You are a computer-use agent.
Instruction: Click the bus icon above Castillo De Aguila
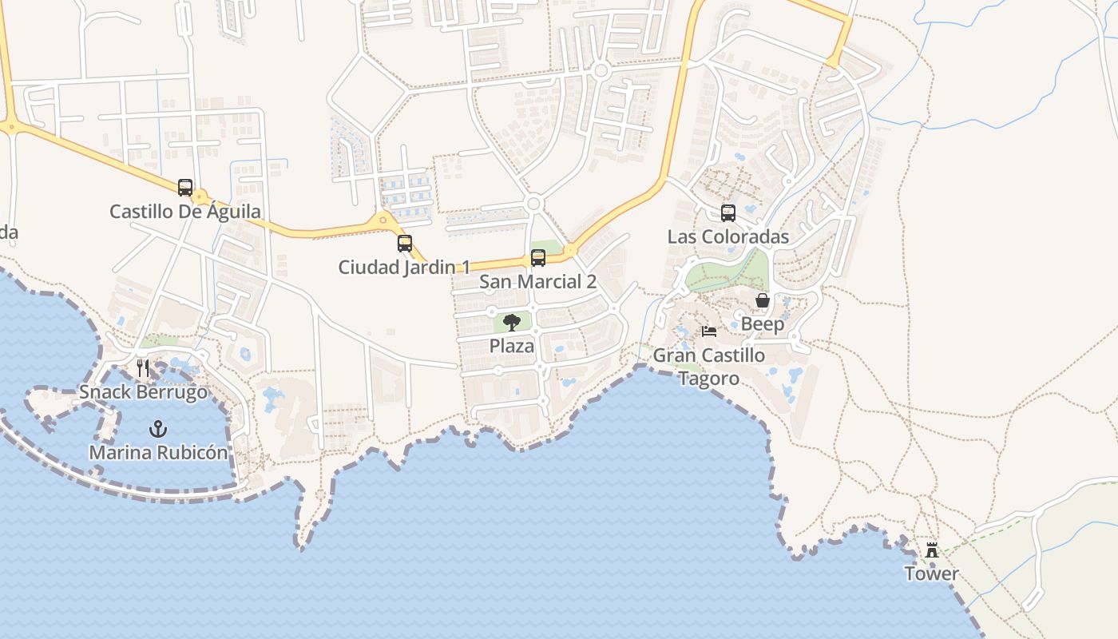pos(185,188)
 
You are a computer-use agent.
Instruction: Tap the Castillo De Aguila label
pos(185,212)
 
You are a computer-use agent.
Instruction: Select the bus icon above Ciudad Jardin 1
pos(405,244)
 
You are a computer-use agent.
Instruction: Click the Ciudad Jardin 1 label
pos(404,267)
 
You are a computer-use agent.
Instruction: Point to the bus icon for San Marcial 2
pos(538,258)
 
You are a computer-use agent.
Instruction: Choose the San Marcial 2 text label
pos(537,281)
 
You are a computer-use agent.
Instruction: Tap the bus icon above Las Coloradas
pos(728,213)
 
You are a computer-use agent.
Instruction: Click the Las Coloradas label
pos(728,236)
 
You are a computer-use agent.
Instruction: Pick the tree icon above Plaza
pos(512,323)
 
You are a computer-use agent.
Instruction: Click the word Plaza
pos(512,347)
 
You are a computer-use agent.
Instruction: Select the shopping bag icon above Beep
pos(763,300)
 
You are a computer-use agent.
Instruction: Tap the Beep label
pos(763,324)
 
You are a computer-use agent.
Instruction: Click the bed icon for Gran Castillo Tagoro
pos(709,331)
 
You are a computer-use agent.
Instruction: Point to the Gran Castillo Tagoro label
pos(709,366)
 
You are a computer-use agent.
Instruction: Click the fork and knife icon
pos(143,368)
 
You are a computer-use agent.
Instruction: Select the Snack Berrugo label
pos(143,392)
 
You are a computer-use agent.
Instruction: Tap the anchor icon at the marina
pos(158,429)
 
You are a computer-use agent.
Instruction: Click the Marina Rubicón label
pos(158,452)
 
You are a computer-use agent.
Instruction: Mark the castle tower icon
pos(931,550)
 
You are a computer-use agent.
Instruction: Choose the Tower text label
pos(931,574)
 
